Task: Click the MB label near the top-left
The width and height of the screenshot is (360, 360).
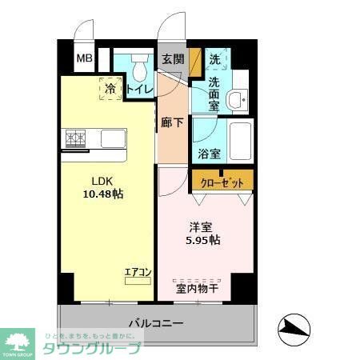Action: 84,58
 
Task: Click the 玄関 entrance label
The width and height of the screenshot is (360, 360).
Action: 173,58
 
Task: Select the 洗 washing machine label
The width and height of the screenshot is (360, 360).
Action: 215,58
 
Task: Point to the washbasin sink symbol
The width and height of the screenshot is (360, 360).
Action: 237,100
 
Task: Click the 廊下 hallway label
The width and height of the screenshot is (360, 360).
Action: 171,123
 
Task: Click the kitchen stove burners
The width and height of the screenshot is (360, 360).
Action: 76,138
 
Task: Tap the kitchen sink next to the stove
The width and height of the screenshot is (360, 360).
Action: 112,138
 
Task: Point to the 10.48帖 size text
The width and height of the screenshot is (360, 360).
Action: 106,194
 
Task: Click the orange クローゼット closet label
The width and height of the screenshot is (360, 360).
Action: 222,182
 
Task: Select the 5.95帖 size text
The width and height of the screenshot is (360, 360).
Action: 204,240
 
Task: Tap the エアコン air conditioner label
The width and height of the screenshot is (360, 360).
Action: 138,273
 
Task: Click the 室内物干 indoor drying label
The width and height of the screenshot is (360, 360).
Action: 197,287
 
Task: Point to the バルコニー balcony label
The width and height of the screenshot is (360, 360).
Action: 157,325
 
